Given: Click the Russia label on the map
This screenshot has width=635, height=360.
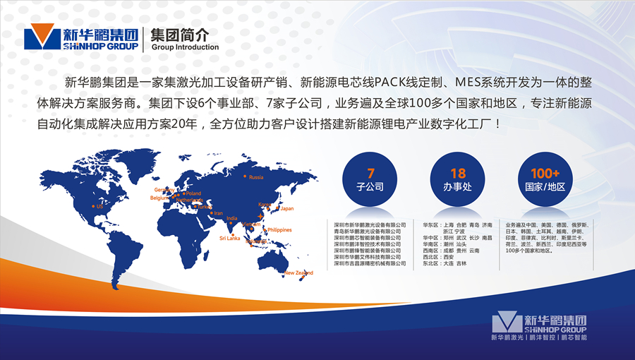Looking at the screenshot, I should [256, 177].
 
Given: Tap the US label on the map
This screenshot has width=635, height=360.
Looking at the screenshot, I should [99, 207].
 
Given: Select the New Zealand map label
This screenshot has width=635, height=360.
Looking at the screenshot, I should [298, 272].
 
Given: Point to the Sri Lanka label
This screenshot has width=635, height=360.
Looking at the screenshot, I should [229, 239].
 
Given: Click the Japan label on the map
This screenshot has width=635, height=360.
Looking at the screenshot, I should [286, 209].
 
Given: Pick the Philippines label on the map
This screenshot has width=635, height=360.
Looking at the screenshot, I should [279, 230].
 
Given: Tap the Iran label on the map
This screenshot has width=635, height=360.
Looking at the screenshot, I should [218, 213].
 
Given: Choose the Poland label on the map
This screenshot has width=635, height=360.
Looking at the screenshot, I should [193, 193].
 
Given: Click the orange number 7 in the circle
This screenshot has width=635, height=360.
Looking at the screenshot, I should [370, 173].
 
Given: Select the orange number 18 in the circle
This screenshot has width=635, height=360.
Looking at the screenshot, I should [458, 173].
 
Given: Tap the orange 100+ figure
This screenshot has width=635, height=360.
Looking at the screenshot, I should [545, 173].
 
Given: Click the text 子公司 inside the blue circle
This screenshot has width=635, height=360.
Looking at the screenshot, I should [370, 187].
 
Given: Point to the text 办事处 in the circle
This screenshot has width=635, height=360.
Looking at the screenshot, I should [458, 187].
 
